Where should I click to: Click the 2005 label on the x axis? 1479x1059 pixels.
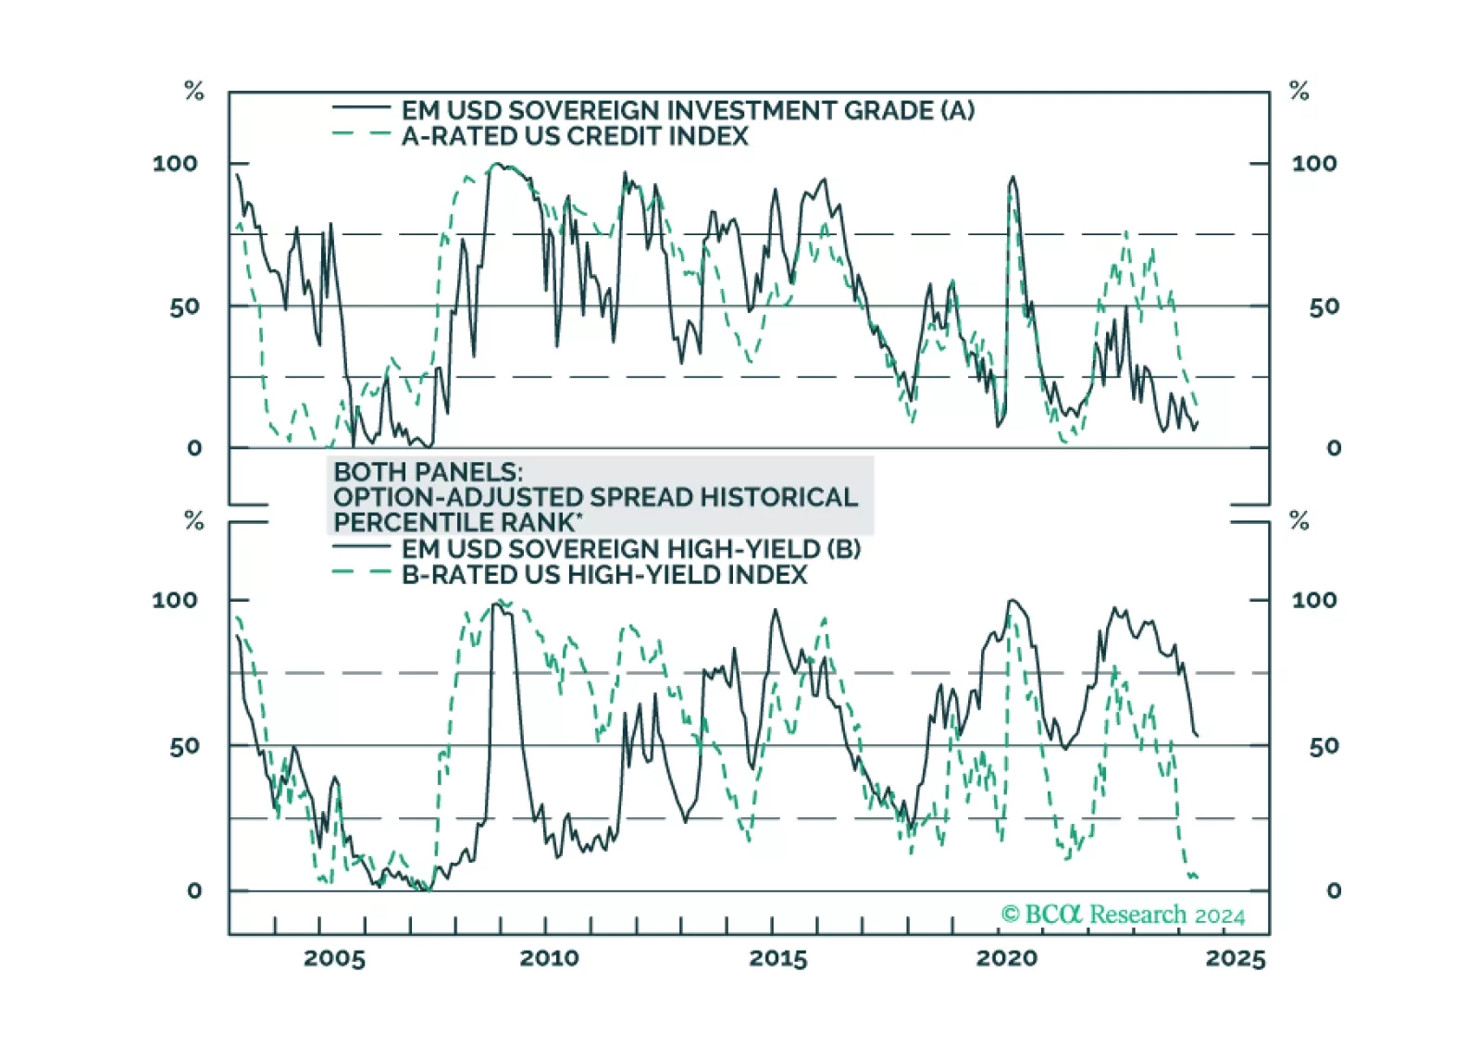coord(334,958)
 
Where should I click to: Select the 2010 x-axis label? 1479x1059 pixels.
coord(549,958)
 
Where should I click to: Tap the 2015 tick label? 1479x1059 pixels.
coord(777,958)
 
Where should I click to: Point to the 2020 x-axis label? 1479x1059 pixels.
coord(1006,958)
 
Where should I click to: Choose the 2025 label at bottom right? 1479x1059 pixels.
coord(1235,958)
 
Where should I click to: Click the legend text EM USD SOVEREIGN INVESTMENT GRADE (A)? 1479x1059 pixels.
coord(688,110)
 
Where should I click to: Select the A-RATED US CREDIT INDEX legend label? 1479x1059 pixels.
coord(575,136)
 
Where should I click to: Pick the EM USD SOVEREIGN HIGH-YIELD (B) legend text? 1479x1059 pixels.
coord(631,549)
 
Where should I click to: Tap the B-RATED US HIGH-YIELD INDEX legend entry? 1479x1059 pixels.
coord(604,575)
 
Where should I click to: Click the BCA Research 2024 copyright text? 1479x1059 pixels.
coord(1123,915)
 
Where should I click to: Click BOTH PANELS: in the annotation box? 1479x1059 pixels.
coord(428,472)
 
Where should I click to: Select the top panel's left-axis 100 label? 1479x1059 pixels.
coord(175,164)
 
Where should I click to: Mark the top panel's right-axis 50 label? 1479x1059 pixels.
coord(1324,306)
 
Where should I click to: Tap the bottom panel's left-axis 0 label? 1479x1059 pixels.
coord(193,891)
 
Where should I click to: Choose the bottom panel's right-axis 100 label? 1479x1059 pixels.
coord(1314,600)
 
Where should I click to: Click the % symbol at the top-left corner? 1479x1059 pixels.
coord(193,91)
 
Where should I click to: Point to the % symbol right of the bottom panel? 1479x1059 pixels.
coord(1299,520)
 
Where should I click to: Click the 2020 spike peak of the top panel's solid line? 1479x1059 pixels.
coord(1013,177)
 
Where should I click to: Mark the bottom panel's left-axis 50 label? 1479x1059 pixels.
coord(184,746)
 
